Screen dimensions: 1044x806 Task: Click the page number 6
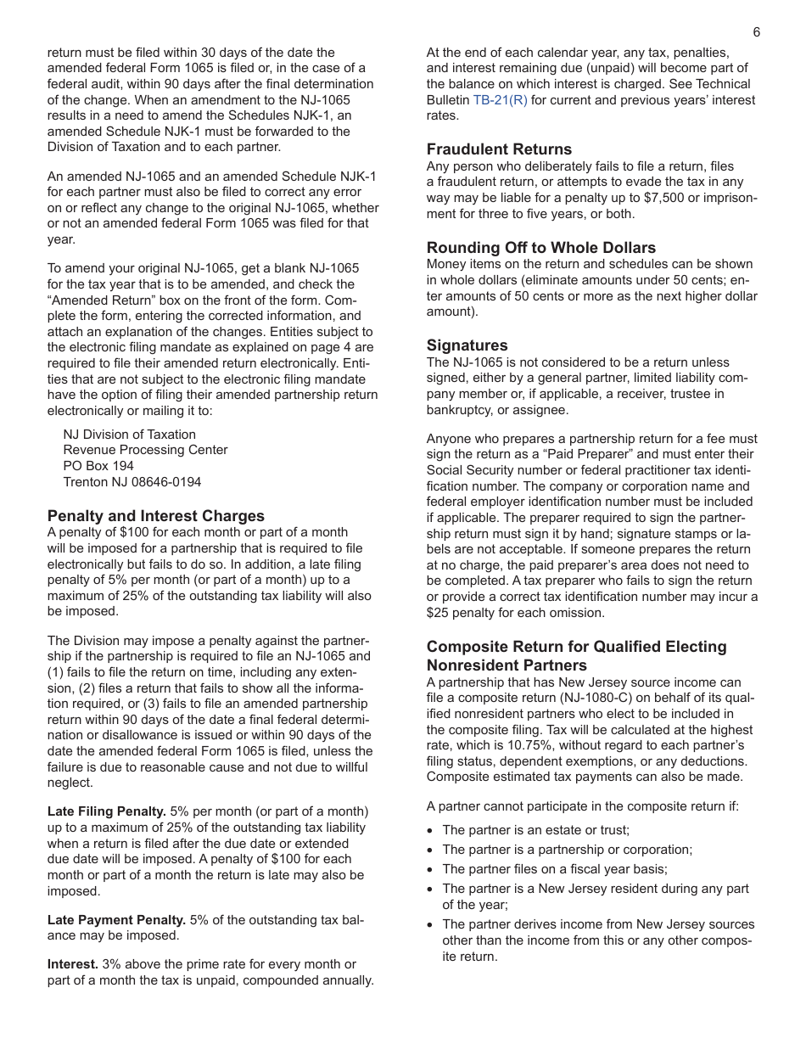[756, 32]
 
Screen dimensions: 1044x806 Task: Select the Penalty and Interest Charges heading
[156, 516]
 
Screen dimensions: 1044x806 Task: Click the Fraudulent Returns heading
[499, 149]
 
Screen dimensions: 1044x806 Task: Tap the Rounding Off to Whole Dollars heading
[540, 248]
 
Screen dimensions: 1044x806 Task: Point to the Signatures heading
[467, 345]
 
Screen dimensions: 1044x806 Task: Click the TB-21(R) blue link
[500, 100]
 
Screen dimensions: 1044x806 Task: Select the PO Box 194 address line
[98, 466]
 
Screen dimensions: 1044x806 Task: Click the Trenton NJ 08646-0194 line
[132, 482]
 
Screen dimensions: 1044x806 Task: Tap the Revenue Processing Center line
[145, 450]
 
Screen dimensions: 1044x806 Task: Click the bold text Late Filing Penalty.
[107, 811]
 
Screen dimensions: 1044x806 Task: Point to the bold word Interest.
[73, 964]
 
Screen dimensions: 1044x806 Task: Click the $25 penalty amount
[438, 613]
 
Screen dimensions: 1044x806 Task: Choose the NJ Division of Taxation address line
[130, 435]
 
